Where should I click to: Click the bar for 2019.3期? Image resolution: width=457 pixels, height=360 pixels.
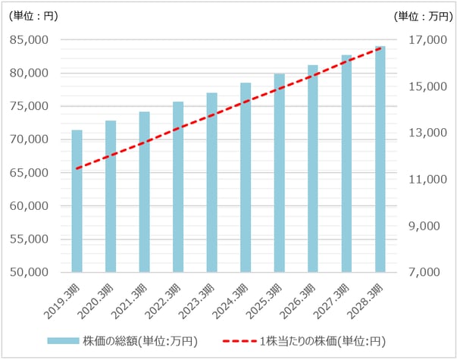point(77,201)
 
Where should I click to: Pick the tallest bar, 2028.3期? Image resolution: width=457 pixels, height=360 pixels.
point(380,159)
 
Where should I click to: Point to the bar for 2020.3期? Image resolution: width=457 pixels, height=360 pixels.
point(111,196)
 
